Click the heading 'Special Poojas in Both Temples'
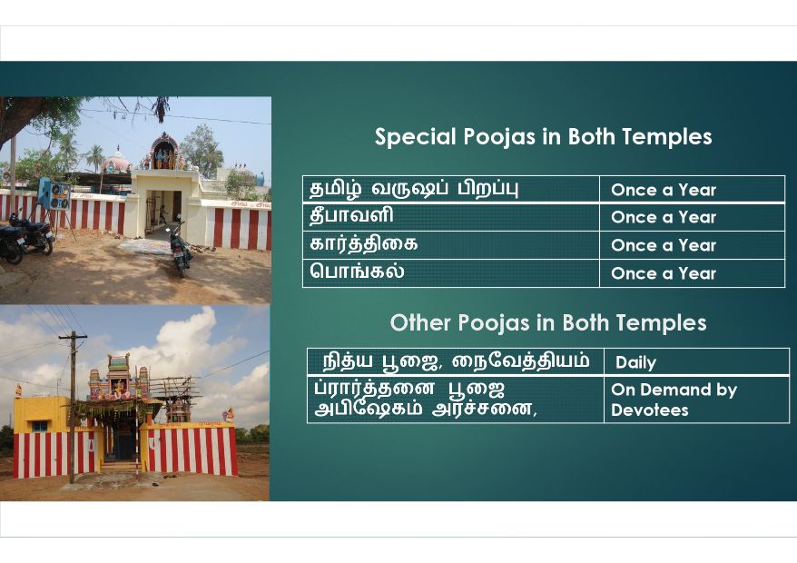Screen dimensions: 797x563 [x=543, y=137]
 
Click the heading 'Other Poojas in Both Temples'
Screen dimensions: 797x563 [x=548, y=323]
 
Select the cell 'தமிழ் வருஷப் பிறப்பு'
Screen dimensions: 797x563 [x=451, y=189]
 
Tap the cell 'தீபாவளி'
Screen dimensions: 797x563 [x=451, y=217]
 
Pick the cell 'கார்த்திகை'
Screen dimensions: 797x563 [x=451, y=245]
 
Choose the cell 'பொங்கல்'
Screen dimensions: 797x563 [x=451, y=273]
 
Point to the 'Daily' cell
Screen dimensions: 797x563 [x=696, y=362]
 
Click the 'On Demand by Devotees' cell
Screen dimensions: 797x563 [x=696, y=400]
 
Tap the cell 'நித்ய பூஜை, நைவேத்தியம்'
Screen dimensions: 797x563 [x=456, y=362]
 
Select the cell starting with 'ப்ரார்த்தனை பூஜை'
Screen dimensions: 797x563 [x=456, y=400]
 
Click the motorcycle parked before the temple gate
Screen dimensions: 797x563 [x=180, y=249]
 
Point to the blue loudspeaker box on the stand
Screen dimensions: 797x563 [x=54, y=193]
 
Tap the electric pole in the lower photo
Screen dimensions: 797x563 [x=73, y=407]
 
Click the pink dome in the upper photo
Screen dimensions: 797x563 [x=116, y=162]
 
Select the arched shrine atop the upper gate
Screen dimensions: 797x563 [x=164, y=151]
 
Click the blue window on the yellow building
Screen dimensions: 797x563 [x=40, y=426]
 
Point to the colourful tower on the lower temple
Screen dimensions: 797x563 [x=119, y=377]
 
